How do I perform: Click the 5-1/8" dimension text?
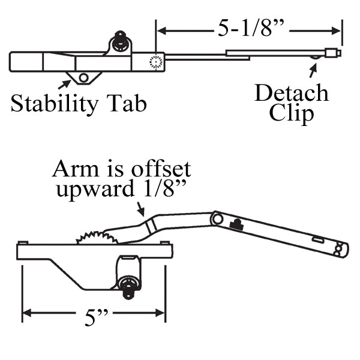[248, 28]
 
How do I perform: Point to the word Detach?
[292, 93]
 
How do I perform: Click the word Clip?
[292, 112]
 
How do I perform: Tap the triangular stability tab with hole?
[82, 77]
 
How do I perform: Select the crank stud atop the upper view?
[120, 41]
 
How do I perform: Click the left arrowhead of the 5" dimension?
[26, 313]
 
